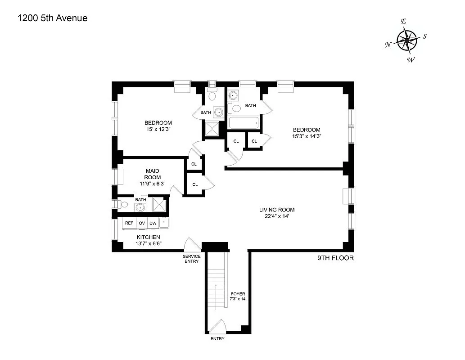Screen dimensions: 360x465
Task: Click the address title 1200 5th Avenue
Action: (52, 18)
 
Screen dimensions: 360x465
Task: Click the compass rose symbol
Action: (407, 40)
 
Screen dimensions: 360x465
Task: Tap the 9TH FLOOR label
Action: (335, 258)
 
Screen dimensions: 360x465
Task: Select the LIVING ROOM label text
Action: (277, 210)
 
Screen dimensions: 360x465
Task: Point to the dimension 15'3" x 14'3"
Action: (306, 136)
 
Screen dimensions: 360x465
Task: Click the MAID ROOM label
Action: (153, 174)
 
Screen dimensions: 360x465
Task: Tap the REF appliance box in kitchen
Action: (129, 223)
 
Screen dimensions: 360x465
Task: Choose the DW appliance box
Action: (153, 223)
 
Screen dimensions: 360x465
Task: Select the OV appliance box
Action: (141, 223)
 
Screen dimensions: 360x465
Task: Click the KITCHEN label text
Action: (148, 237)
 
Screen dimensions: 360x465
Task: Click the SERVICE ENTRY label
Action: (191, 259)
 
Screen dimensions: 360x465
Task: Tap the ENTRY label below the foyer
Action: (217, 339)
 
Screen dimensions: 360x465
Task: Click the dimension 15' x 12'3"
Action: (158, 129)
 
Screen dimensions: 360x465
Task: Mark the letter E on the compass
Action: (404, 22)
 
